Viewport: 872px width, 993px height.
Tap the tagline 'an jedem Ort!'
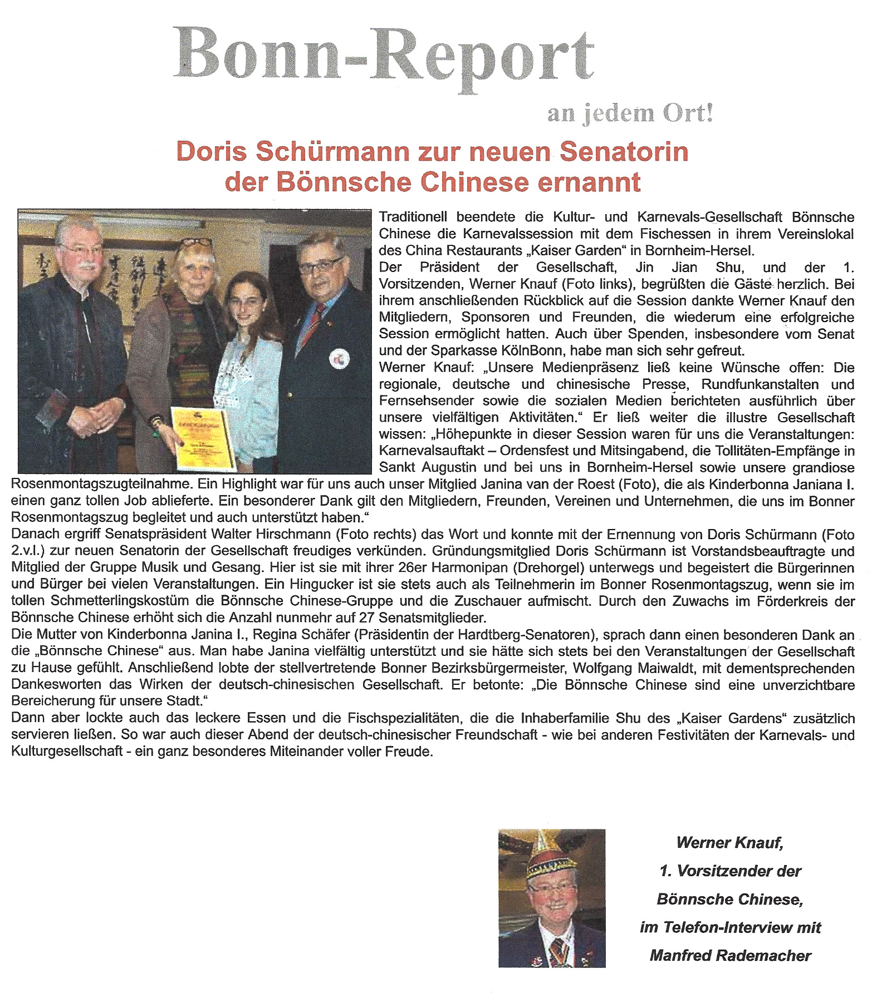(x=629, y=114)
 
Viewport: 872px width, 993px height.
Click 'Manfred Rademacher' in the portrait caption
(x=730, y=956)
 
